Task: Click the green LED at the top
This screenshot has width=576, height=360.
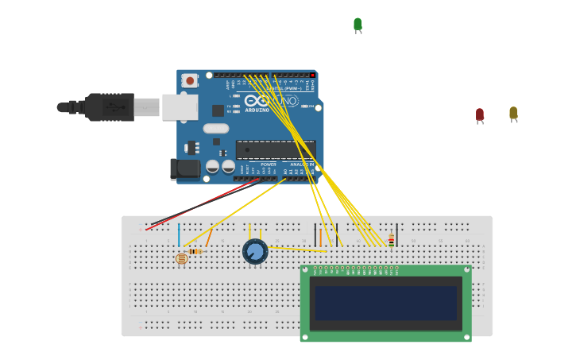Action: pyautogui.click(x=358, y=24)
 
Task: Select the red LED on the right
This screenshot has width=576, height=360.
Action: pyautogui.click(x=480, y=114)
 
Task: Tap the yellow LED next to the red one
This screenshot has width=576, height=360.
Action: pyautogui.click(x=513, y=113)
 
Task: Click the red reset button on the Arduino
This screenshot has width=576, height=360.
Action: pyautogui.click(x=190, y=80)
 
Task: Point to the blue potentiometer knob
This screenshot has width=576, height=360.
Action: pyautogui.click(x=255, y=251)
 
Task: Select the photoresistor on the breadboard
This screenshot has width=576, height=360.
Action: pyautogui.click(x=181, y=258)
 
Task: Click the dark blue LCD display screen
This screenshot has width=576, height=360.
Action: pyautogui.click(x=385, y=303)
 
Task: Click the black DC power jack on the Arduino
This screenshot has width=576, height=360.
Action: pyautogui.click(x=185, y=168)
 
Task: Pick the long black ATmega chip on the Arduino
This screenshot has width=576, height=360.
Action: pyautogui.click(x=276, y=149)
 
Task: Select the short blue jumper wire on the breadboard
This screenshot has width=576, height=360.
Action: pyautogui.click(x=179, y=235)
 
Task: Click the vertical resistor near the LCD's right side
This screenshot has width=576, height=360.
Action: pyautogui.click(x=391, y=239)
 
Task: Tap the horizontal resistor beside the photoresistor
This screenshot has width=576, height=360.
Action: pyautogui.click(x=195, y=251)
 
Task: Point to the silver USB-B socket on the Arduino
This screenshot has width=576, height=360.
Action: pyautogui.click(x=180, y=106)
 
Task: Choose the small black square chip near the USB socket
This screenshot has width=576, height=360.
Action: pyautogui.click(x=218, y=110)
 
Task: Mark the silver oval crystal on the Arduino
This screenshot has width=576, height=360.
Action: pyautogui.click(x=215, y=128)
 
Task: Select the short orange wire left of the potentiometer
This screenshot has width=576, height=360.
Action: pyautogui.click(x=209, y=236)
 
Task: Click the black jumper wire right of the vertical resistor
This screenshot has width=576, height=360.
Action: pyautogui.click(x=398, y=234)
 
